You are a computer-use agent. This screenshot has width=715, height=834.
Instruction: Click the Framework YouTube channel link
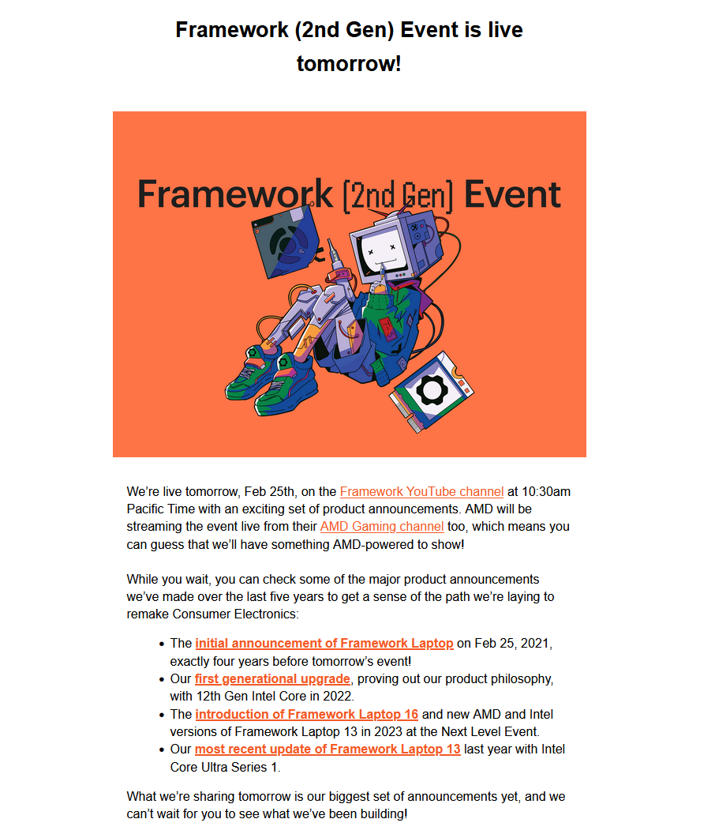421,491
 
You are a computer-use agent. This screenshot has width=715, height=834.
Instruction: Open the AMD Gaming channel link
382,527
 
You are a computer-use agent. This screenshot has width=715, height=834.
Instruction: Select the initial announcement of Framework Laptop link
324,644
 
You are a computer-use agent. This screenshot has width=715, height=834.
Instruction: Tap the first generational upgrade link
272,679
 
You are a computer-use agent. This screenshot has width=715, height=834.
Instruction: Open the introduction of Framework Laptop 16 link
307,714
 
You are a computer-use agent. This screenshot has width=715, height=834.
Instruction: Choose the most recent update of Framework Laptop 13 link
328,749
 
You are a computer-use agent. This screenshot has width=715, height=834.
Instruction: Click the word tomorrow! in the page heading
349,64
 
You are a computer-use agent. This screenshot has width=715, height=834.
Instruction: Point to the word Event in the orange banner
512,194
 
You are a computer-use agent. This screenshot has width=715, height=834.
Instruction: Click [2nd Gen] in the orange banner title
399,197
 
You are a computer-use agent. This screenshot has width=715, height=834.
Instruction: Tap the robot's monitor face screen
381,249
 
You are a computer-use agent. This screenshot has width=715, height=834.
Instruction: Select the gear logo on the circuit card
432,390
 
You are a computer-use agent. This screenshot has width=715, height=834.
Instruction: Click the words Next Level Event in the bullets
496,732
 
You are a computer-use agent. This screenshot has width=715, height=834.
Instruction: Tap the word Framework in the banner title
235,194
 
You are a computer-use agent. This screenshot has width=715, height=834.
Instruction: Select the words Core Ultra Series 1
224,768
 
